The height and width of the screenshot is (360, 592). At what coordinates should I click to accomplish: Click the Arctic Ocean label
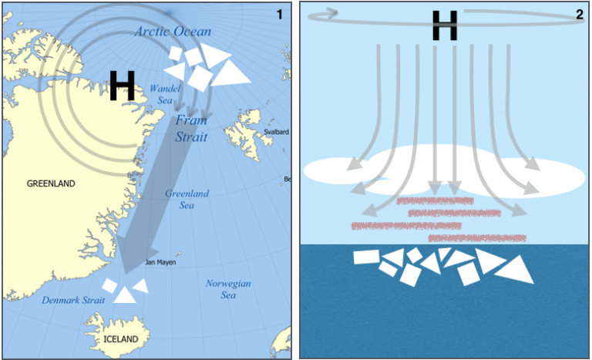[173, 32]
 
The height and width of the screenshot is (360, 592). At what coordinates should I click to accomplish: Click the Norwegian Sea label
[227, 289]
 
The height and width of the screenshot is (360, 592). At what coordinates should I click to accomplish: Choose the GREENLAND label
[51, 183]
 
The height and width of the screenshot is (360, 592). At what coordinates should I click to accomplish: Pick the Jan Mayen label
[160, 262]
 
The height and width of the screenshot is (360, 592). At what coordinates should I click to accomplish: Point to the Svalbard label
[276, 132]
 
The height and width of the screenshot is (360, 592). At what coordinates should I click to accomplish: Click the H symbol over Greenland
[123, 86]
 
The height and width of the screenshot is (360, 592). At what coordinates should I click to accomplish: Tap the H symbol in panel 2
[445, 26]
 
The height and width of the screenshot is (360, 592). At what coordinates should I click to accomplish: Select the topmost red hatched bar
[435, 200]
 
